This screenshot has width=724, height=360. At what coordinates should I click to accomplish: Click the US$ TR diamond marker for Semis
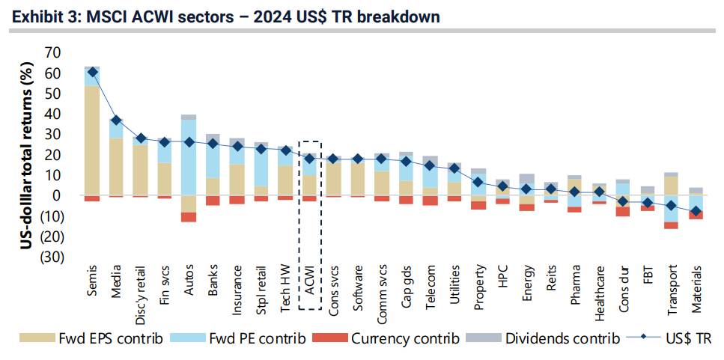click(x=92, y=73)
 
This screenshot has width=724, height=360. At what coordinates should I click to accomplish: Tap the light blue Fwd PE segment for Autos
click(x=189, y=157)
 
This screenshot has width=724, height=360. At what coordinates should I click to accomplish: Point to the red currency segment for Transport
click(x=672, y=225)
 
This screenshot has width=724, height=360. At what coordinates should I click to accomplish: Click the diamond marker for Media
click(x=116, y=120)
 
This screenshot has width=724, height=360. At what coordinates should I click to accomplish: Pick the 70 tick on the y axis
click(x=52, y=52)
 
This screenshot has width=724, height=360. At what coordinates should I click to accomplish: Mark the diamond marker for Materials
click(x=696, y=213)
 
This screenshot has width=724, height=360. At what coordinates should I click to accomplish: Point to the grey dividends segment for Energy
click(x=527, y=180)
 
